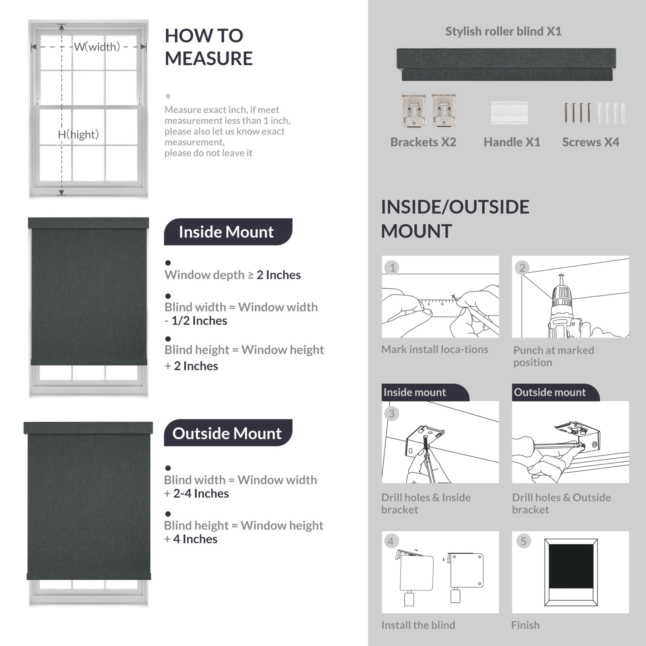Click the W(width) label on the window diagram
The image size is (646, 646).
97,47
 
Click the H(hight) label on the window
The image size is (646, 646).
78,134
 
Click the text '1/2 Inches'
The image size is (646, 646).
199,321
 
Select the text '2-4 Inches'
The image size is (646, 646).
201,494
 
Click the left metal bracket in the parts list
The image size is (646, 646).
414,110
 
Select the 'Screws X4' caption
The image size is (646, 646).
590,142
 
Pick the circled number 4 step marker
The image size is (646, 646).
391,541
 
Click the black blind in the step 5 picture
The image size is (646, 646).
571,566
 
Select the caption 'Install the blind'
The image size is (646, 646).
418,625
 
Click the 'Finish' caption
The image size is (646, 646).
525,625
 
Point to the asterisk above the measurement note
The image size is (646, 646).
168,97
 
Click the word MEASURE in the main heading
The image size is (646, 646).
209,59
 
